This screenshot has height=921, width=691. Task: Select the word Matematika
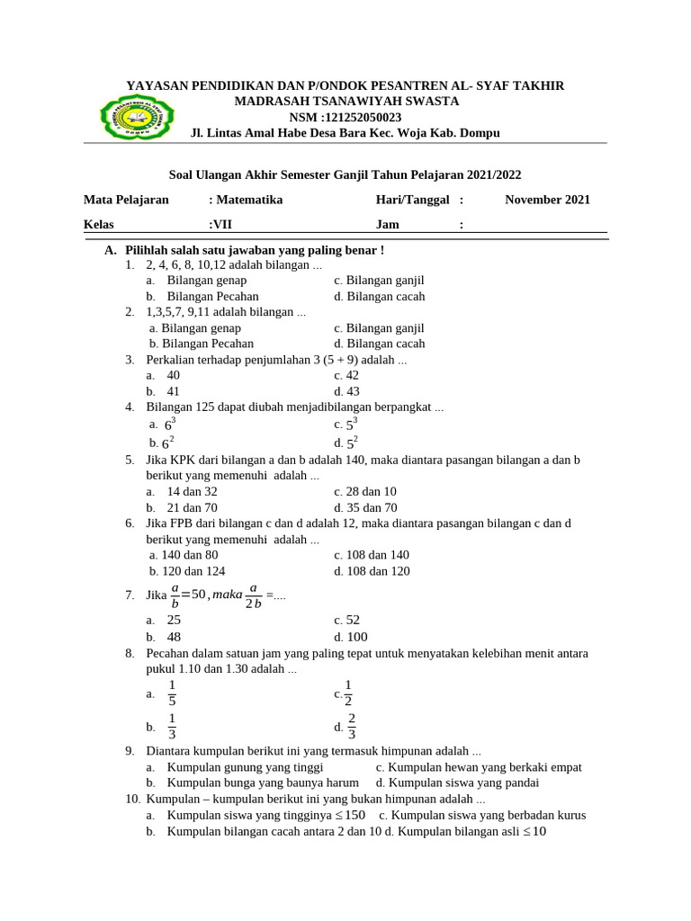pos(247,200)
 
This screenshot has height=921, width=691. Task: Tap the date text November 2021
pos(547,200)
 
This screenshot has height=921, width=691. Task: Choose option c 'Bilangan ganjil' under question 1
pos(379,281)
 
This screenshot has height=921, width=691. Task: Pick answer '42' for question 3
pos(346,375)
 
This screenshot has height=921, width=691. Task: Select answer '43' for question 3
pos(346,391)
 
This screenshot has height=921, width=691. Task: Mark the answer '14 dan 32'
pos(192,492)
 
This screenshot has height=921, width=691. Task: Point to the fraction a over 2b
pos(253,595)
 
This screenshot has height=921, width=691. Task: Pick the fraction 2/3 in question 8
pos(352,725)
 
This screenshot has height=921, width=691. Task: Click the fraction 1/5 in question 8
pos(172,693)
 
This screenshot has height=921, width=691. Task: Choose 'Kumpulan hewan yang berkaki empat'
pos(479,767)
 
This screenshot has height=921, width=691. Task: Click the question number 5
pos(130,460)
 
